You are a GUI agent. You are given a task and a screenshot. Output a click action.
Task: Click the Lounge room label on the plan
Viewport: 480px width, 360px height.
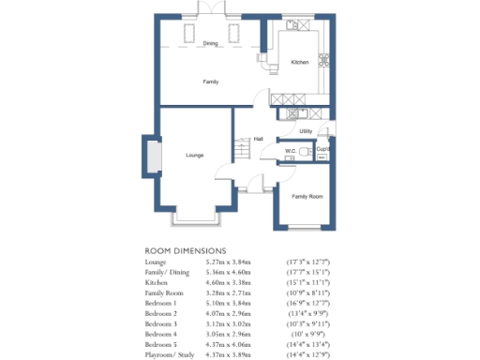(x=195, y=155)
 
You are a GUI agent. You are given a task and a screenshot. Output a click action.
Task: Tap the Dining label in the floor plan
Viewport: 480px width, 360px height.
(x=211, y=43)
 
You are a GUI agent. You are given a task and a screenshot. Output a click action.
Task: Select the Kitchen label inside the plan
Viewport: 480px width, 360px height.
(x=299, y=62)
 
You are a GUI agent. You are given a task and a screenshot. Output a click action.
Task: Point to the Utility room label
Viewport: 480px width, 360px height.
(x=306, y=131)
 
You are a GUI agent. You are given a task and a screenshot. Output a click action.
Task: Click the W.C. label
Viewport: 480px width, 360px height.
(x=290, y=150)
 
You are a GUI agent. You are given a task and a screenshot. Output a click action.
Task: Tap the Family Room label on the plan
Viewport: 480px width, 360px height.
(x=307, y=196)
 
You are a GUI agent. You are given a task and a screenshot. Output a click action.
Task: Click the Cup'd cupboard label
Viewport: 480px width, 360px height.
(x=322, y=149)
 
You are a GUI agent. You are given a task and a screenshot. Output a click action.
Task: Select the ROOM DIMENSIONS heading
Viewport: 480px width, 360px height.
(x=186, y=251)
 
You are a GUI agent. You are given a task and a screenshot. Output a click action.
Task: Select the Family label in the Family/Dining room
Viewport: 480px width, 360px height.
(x=212, y=82)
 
